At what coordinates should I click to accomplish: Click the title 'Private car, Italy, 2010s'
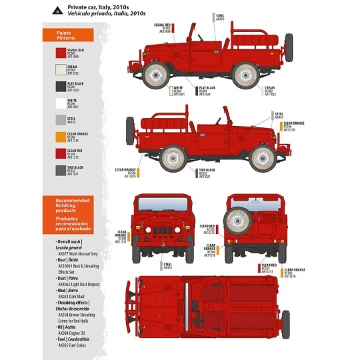(x=97, y=7)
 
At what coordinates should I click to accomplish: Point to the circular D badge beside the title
(x=59, y=10)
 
